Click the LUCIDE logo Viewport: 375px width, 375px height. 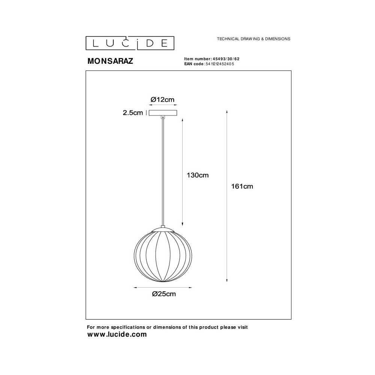click(130, 43)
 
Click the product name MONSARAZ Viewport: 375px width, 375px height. click(110, 61)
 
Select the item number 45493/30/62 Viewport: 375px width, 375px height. click(226, 59)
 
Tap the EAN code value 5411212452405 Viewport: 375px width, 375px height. click(220, 64)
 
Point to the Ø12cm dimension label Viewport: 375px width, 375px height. click(162, 99)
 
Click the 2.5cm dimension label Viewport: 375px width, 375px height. click(133, 112)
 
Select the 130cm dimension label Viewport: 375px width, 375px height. click(198, 175)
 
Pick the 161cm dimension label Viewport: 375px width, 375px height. click(242, 186)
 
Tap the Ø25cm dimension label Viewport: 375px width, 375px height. click(164, 294)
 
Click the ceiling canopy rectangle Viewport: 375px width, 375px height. click(163, 113)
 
